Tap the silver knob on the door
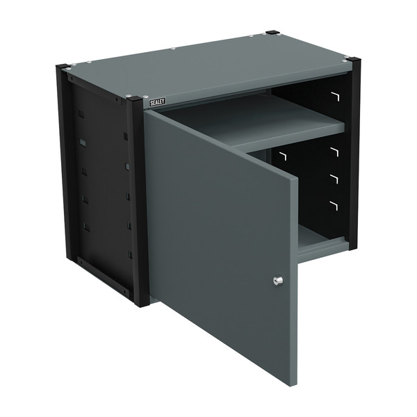click(277, 281)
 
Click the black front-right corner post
click(354, 153)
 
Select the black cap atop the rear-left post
click(63, 67)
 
